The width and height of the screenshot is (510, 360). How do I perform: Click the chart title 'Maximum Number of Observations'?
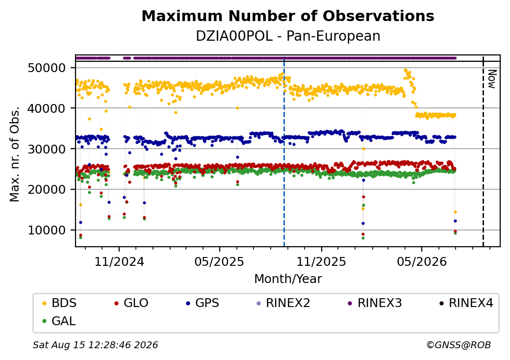pyautogui.click(x=288, y=16)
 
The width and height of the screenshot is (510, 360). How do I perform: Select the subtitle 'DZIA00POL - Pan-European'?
pyautogui.click(x=288, y=36)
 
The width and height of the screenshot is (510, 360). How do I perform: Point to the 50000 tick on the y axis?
pyautogui.click(x=47, y=68)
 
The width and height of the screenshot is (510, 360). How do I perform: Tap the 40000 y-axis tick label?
pyautogui.click(x=47, y=108)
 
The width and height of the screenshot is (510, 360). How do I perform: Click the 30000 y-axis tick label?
pyautogui.click(x=47, y=149)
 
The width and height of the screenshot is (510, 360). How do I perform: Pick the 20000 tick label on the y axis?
pyautogui.click(x=47, y=190)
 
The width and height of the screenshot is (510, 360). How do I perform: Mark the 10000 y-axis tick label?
pyautogui.click(x=47, y=230)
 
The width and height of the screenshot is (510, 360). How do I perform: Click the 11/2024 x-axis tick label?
pyautogui.click(x=119, y=261)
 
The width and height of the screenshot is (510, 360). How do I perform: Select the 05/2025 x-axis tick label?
pyautogui.click(x=219, y=261)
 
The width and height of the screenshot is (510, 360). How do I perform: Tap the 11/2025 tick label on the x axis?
pyautogui.click(x=321, y=261)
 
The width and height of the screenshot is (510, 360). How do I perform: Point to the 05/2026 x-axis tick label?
pyautogui.click(x=422, y=261)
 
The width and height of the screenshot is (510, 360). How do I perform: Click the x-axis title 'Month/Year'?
pyautogui.click(x=288, y=279)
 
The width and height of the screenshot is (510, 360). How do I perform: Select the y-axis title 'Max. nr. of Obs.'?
pyautogui.click(x=15, y=154)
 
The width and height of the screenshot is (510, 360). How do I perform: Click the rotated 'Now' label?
pyautogui.click(x=492, y=79)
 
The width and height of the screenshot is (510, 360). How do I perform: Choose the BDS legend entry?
pyautogui.click(x=59, y=303)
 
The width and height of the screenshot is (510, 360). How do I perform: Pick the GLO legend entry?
pyautogui.click(x=131, y=303)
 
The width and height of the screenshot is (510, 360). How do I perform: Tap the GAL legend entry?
pyautogui.click(x=59, y=321)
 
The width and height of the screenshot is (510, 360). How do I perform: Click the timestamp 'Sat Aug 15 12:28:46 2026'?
pyautogui.click(x=96, y=345)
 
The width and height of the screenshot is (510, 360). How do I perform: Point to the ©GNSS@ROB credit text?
pyautogui.click(x=459, y=345)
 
